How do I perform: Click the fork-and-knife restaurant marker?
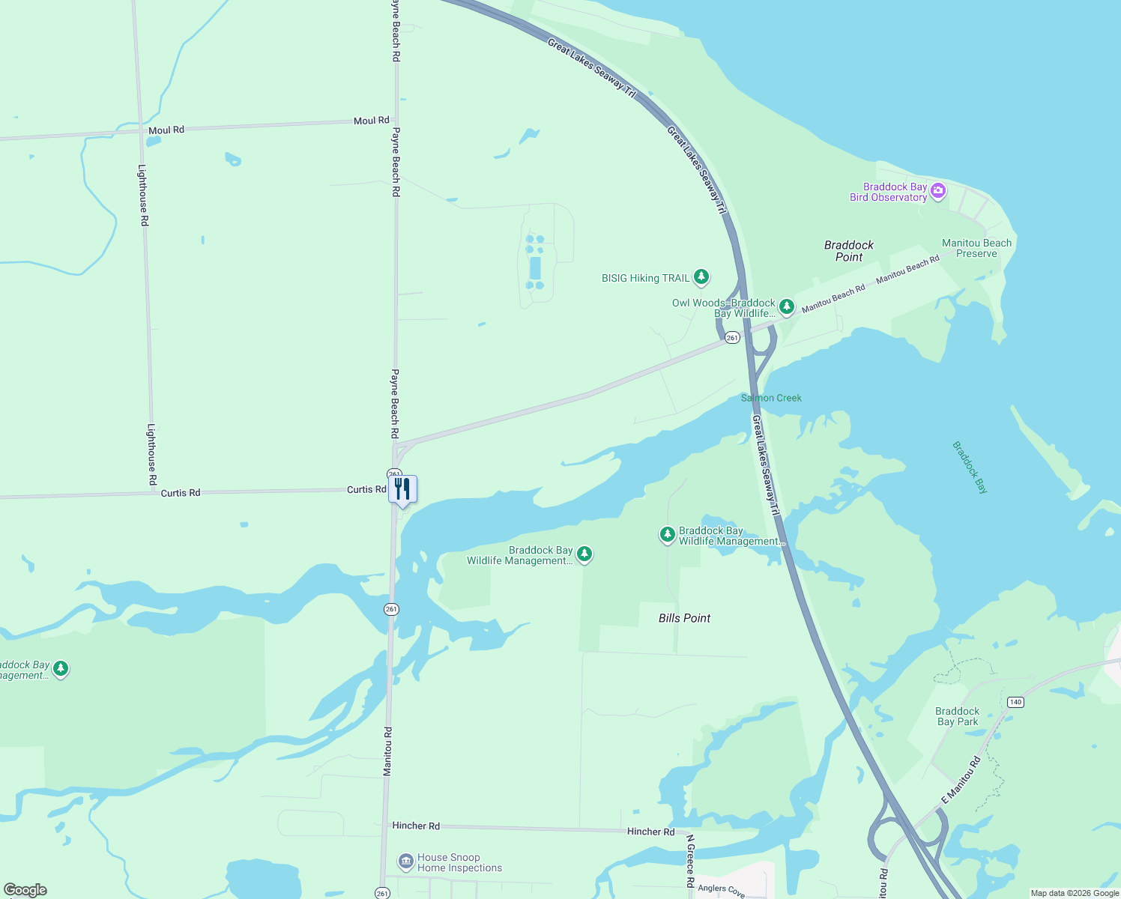coord(402,490)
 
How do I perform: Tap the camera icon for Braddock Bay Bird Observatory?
coord(937,193)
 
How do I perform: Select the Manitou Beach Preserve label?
coord(976,248)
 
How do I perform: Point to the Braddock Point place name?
coord(849,251)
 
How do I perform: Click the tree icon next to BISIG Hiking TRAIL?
coord(701,278)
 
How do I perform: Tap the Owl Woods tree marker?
coord(786,306)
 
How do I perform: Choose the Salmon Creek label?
coord(771,398)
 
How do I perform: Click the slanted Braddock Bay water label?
coord(970,467)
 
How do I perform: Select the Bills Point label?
coord(684,618)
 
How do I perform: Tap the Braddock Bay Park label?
coord(957,717)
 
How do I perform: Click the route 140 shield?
coord(1015,702)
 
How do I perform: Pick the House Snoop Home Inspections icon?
coord(405,862)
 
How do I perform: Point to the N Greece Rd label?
coord(690,862)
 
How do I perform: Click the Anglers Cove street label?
coord(721,890)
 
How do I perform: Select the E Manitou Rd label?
coord(961,781)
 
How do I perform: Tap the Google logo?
coord(25,890)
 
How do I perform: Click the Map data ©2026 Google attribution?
coord(1075,893)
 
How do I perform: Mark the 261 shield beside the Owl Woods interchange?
coord(732,338)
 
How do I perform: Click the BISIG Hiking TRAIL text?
coord(645,278)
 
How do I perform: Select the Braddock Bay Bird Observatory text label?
coord(888,193)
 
